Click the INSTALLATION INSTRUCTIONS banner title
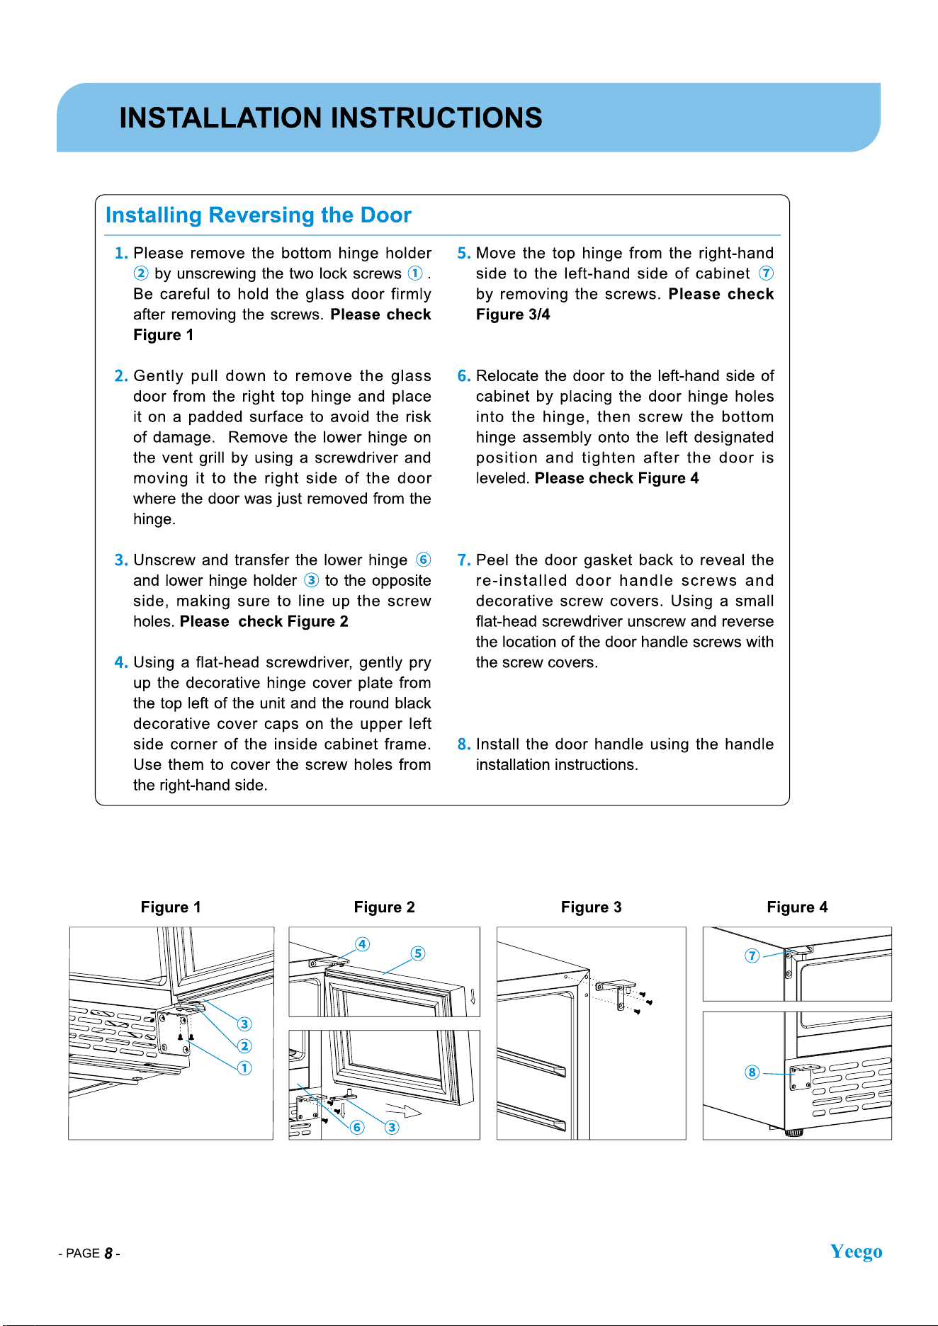click(331, 118)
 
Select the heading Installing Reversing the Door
click(258, 215)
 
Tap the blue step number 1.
click(121, 253)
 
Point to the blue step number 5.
click(464, 253)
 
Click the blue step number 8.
click(464, 744)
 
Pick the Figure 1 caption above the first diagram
click(171, 907)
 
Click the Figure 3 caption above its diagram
click(591, 907)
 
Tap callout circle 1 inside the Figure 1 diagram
click(244, 1067)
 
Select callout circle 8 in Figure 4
click(752, 1072)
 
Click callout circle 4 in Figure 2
click(362, 944)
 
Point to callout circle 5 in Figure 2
click(418, 953)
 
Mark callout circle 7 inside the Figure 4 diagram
click(752, 956)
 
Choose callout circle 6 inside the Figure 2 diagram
click(357, 1127)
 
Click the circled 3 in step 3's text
click(312, 580)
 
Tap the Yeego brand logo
click(856, 1252)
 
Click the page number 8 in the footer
click(108, 1253)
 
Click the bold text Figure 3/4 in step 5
click(513, 314)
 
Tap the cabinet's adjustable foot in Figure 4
click(794, 1133)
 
